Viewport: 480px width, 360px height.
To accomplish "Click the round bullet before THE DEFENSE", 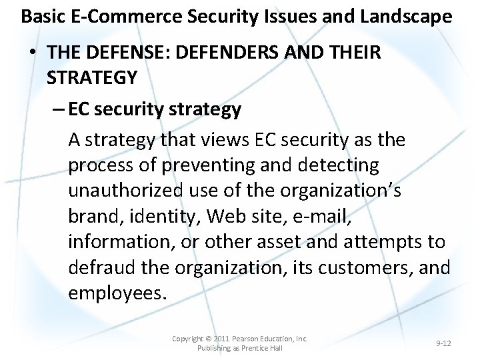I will point(33,53).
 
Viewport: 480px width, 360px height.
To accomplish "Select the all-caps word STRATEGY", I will point(92,77).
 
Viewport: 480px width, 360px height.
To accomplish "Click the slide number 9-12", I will point(443,343).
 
